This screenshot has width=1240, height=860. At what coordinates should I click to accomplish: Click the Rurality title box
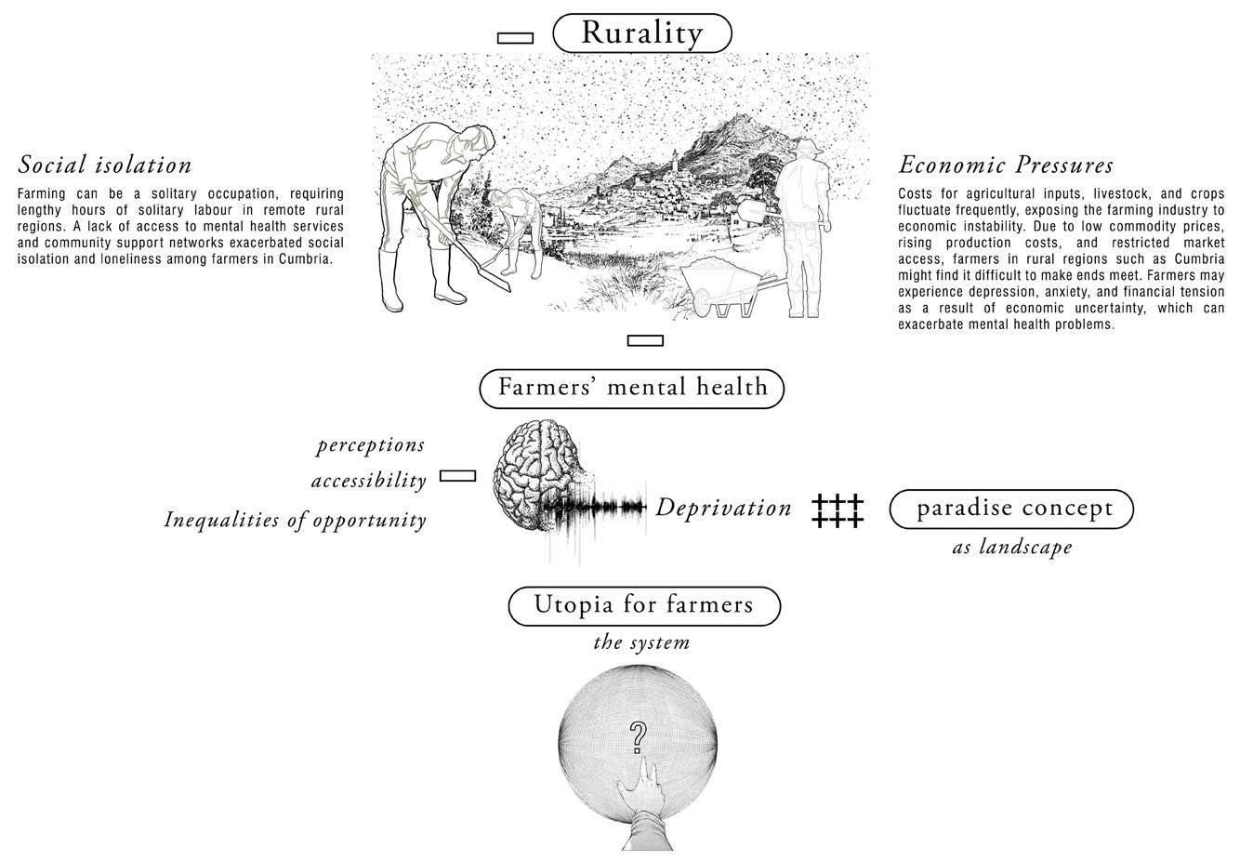click(x=642, y=33)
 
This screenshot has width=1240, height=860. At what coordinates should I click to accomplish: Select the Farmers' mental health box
click(x=632, y=388)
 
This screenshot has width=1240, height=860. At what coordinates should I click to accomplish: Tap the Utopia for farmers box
click(x=643, y=605)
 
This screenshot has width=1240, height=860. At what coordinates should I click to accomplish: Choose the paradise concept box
click(x=1012, y=509)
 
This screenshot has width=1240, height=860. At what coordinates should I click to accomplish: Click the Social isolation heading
click(x=105, y=165)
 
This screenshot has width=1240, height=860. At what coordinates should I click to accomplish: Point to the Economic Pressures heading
click(x=1006, y=165)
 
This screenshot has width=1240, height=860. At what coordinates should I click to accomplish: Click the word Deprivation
click(x=723, y=508)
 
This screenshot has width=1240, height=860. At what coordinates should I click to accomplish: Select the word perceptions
click(x=370, y=445)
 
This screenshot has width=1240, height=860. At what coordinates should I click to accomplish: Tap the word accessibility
click(x=368, y=481)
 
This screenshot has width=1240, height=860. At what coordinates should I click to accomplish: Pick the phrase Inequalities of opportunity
click(x=295, y=520)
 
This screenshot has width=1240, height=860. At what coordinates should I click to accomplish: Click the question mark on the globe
click(x=638, y=736)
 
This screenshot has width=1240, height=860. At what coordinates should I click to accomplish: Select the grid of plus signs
click(x=838, y=510)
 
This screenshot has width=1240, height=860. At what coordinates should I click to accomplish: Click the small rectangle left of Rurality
click(x=515, y=38)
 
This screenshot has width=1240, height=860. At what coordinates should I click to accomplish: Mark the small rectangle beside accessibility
click(x=457, y=476)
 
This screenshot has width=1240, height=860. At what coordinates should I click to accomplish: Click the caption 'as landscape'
click(x=1011, y=548)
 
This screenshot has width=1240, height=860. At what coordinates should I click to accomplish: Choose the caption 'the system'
click(x=641, y=643)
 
